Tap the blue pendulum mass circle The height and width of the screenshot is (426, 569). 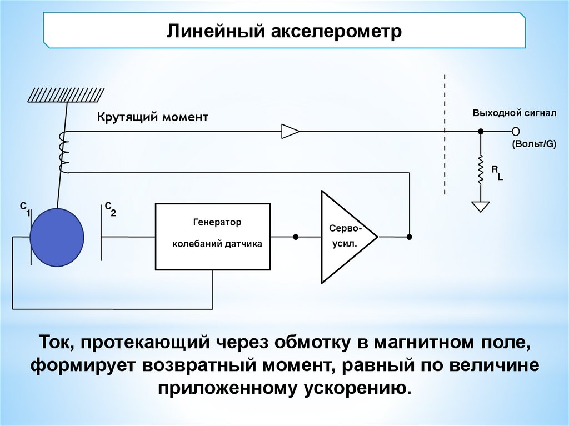57,237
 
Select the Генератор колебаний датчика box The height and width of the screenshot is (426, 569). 213,236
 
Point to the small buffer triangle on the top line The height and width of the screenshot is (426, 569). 290,131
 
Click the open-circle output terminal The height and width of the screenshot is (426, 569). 516,131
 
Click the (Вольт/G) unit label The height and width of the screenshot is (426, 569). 534,144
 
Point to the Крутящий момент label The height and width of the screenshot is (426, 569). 153,117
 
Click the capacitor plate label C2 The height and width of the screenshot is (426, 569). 110,209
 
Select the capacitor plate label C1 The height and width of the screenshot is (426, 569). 25,209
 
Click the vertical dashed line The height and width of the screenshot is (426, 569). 445,133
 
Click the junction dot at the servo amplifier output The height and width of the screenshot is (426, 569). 410,237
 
